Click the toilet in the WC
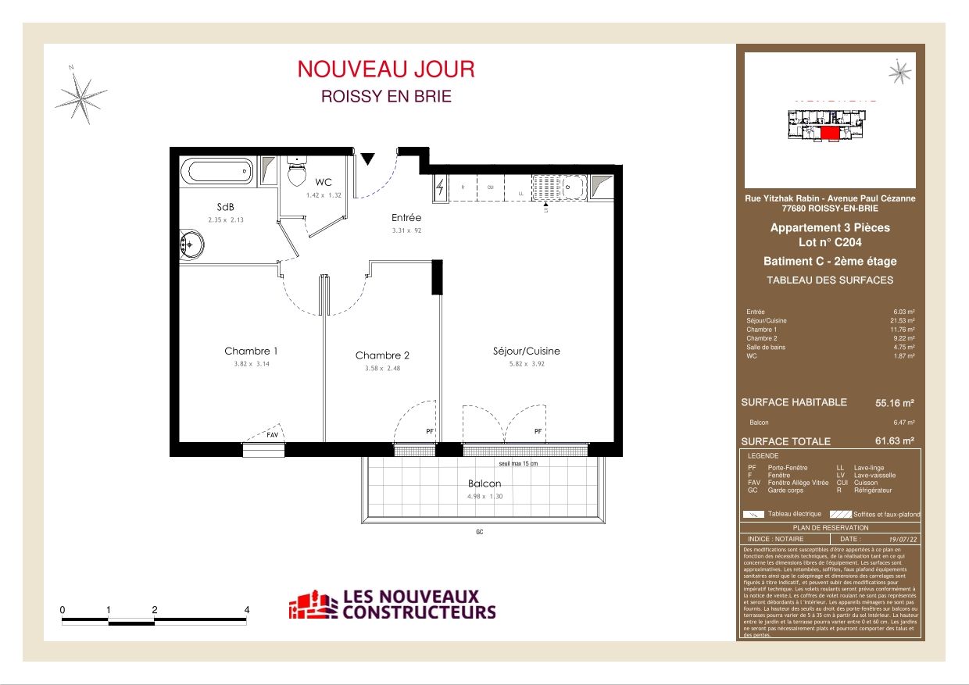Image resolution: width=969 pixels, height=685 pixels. pos(296,173)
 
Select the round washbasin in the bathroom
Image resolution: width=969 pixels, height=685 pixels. pos(191,244)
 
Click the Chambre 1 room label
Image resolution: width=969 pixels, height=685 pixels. pos(251,351)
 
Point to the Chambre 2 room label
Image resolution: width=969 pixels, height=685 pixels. pos(382,355)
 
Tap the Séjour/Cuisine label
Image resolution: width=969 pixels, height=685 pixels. pos(527,351)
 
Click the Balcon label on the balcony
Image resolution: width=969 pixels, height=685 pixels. pos(484,483)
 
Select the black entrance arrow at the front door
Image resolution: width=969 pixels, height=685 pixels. pos(367,159)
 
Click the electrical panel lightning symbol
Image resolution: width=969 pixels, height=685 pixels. pos(440,187)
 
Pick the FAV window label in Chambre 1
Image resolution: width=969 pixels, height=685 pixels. pos(272,434)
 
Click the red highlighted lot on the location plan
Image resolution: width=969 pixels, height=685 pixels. pos(830,134)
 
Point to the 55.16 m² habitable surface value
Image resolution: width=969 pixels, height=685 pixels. pos(895,404)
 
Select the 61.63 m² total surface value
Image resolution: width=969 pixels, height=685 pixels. pos(895,441)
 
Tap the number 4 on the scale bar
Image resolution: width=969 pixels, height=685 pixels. pos(247,610)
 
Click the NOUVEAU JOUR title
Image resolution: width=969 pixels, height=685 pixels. pos(386,70)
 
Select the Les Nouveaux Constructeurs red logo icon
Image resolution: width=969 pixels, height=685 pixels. pos(313,605)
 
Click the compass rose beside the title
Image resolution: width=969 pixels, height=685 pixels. pos(80,97)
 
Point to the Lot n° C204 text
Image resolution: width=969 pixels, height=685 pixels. pos(830,243)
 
